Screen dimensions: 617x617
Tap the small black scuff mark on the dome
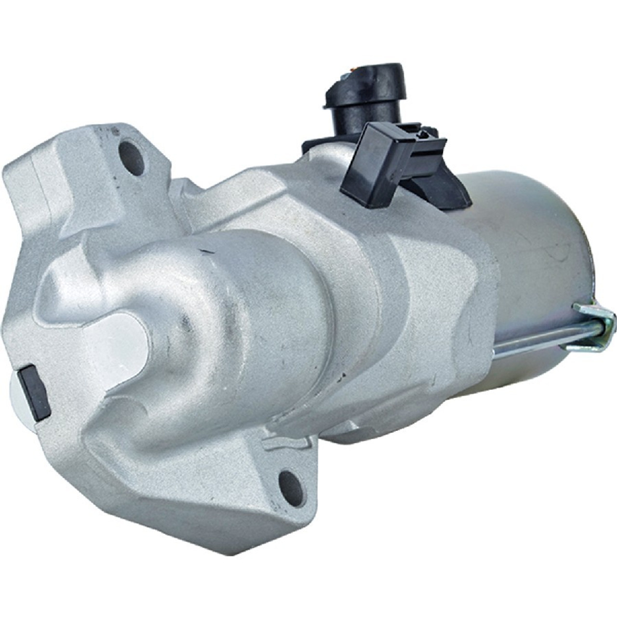[203, 251]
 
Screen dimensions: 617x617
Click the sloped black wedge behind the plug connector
[439, 178]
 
